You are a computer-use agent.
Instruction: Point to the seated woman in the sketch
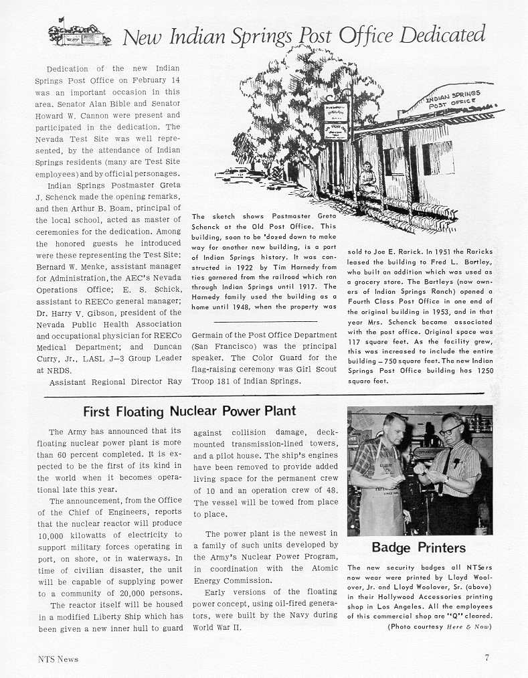tap(368, 179)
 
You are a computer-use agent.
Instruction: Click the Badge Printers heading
tap(418, 547)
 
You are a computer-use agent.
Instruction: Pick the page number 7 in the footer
tap(487, 657)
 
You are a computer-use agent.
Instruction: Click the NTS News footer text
tap(58, 659)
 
